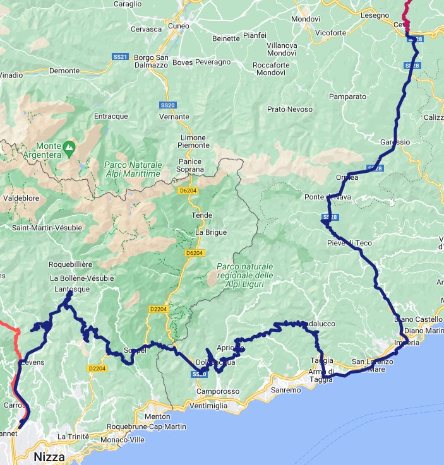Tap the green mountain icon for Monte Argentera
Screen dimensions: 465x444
(70, 147)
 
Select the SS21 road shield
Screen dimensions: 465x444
(120, 57)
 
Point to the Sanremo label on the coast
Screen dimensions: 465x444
(286, 391)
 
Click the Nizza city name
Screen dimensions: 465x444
(49, 456)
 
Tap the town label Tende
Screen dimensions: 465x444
(202, 215)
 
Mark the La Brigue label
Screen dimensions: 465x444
(210, 232)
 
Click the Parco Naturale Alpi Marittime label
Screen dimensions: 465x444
(133, 169)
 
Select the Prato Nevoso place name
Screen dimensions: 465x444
(290, 109)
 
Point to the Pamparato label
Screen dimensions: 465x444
(347, 97)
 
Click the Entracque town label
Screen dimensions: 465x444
(111, 116)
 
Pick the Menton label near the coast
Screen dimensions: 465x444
(158, 417)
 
